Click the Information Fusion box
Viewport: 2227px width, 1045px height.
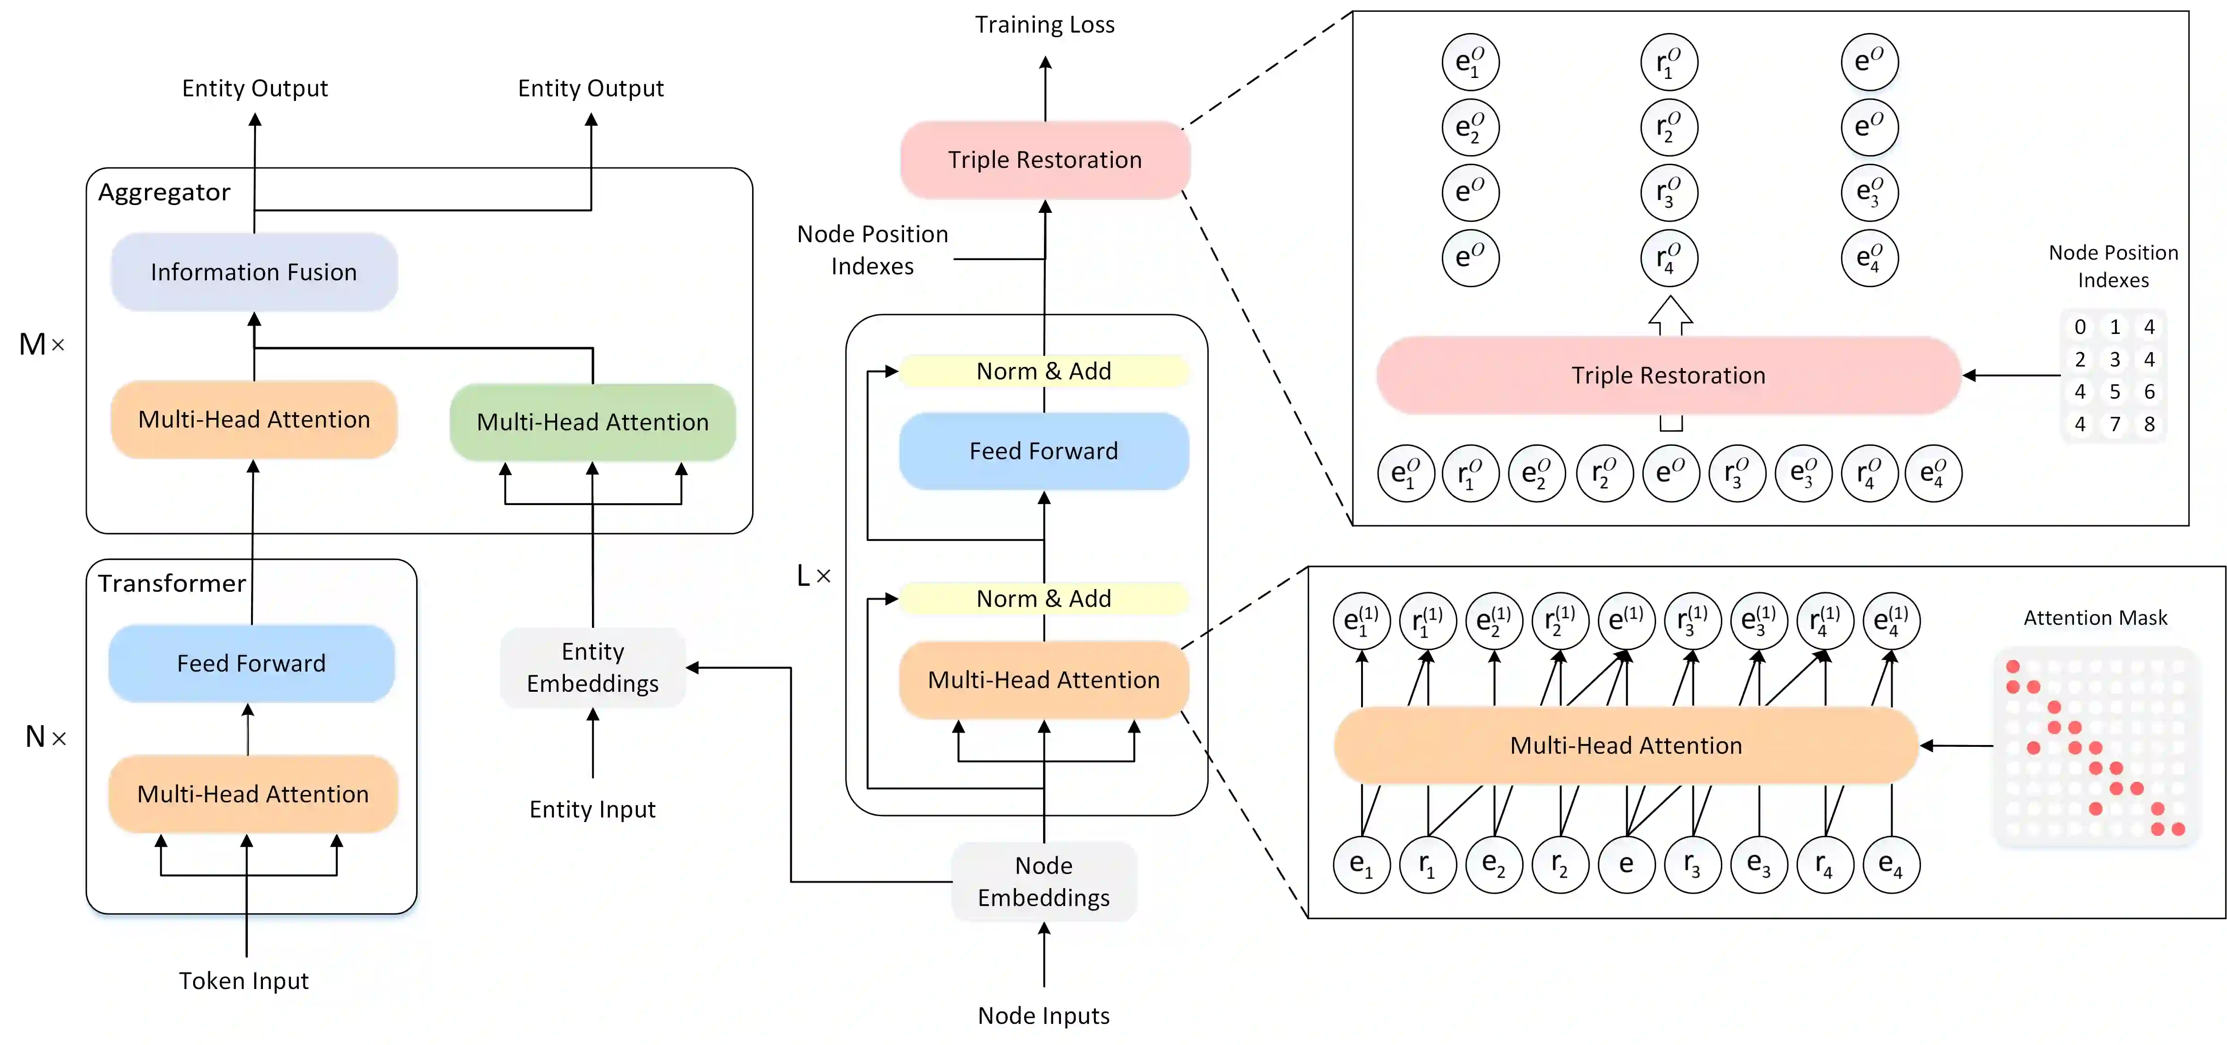coord(253,272)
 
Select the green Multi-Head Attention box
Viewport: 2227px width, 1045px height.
coord(592,422)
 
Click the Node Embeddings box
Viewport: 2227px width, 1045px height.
coord(1044,882)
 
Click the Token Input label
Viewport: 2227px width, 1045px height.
coord(244,981)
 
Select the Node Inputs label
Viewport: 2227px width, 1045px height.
coord(1044,1016)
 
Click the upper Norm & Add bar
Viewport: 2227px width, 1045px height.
coord(1044,371)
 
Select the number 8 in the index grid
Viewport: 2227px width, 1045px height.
coord(2149,424)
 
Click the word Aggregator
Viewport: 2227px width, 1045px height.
coord(164,192)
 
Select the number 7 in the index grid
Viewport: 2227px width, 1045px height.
coord(2115,424)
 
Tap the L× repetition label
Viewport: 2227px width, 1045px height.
coord(813,576)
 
